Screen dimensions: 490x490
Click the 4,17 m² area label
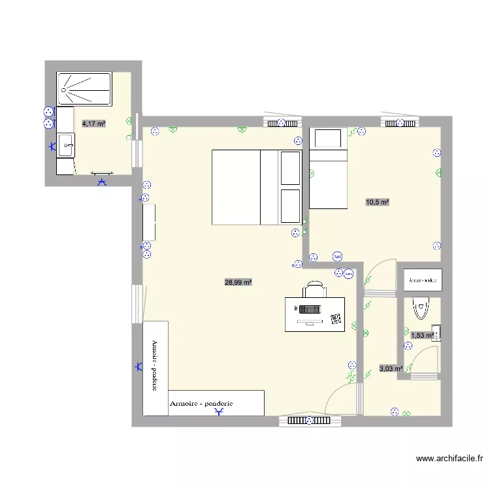pos(93,123)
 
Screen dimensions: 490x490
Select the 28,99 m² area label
pos(238,282)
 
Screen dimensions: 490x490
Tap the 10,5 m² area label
pos(377,203)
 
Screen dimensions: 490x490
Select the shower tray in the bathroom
pos(86,89)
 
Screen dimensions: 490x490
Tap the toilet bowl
pos(419,306)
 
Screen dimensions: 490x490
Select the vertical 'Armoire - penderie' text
pos(155,367)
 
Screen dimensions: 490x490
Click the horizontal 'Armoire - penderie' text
pos(201,404)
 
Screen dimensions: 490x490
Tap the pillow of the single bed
pos(328,139)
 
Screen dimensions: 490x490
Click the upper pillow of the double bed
pos(291,168)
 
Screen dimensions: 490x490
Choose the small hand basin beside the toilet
pos(436,332)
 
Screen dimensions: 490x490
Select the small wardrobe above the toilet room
pos(423,280)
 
